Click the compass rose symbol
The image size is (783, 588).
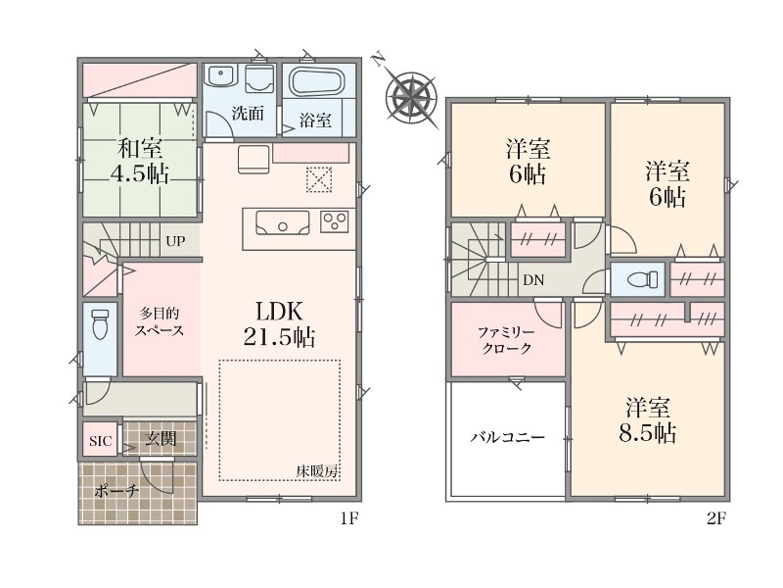(412, 93)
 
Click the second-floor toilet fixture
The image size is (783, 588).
(642, 279)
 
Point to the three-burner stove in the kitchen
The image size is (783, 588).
(334, 222)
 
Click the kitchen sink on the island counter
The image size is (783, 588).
(282, 222)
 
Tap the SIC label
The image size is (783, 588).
(101, 442)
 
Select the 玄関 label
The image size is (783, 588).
(161, 439)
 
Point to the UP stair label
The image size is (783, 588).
(175, 241)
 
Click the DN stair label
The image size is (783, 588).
(533, 280)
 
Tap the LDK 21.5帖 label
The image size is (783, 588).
(279, 324)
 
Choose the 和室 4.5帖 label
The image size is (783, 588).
(140, 161)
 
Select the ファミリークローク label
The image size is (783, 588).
(507, 340)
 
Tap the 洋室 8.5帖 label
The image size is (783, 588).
(648, 420)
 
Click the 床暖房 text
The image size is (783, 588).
(317, 471)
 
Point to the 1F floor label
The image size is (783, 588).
(349, 519)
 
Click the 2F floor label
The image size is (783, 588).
(715, 519)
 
